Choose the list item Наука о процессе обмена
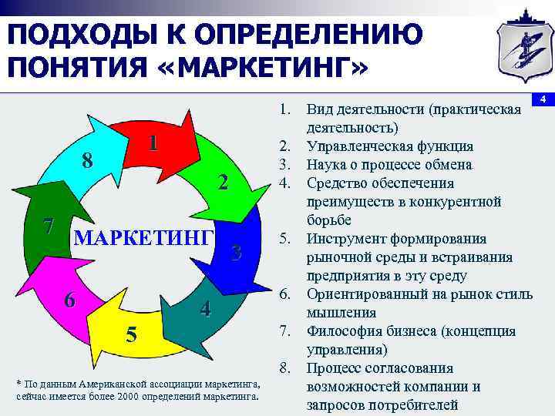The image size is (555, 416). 388,165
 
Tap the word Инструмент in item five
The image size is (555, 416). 342,239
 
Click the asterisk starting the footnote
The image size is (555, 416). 18,383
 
